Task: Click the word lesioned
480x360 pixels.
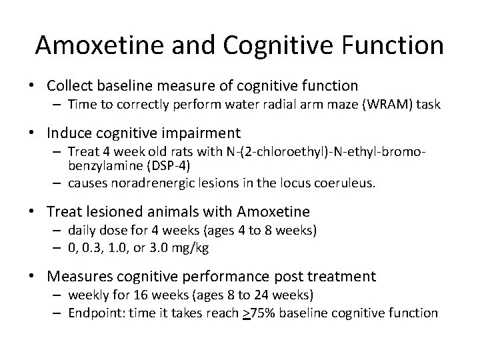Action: [119, 212]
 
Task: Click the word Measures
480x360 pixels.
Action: [84, 276]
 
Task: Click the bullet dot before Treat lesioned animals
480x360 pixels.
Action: [38, 213]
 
